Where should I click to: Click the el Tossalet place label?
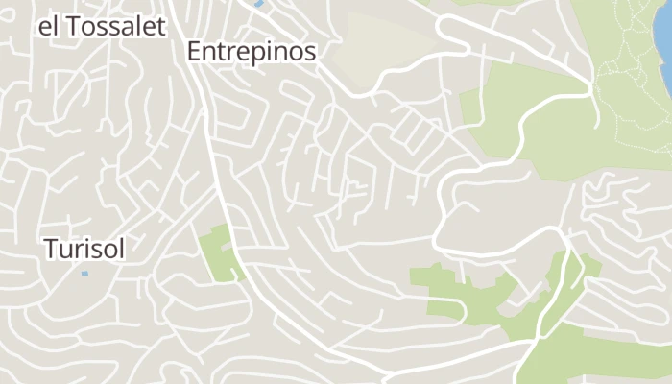[101, 26]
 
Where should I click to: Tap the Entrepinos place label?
[252, 52]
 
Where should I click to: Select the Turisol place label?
[84, 249]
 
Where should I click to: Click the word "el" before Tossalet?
[48, 26]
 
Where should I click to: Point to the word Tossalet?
[115, 26]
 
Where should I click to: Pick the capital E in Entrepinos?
[194, 52]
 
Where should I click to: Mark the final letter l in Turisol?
[122, 249]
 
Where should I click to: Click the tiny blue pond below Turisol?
[84, 274]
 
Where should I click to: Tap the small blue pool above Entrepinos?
[258, 4]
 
